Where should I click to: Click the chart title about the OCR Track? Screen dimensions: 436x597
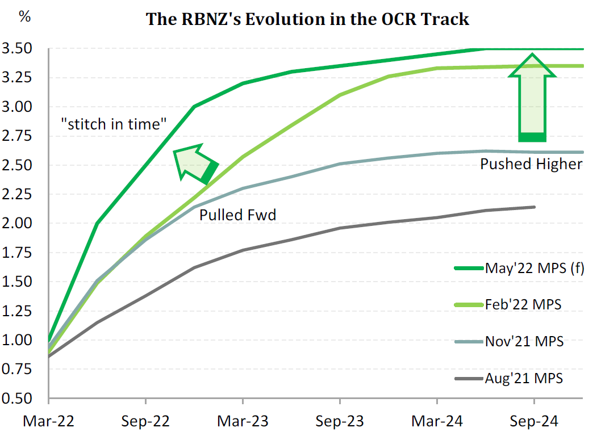(x=308, y=19)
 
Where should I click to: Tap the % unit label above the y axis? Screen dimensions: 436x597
(x=25, y=16)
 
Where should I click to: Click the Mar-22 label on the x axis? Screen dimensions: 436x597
(x=48, y=422)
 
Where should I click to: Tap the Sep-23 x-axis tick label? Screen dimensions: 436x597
(x=340, y=422)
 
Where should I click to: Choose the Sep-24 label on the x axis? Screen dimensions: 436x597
(x=534, y=422)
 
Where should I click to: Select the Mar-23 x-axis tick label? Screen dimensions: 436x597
(x=243, y=422)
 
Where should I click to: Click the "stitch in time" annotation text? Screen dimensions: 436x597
(x=113, y=124)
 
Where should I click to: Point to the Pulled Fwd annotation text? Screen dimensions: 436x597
(x=237, y=216)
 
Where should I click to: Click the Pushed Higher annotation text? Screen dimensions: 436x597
(x=531, y=165)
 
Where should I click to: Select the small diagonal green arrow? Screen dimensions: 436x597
(x=195, y=163)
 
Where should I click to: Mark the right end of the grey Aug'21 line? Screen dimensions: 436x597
(x=535, y=207)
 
